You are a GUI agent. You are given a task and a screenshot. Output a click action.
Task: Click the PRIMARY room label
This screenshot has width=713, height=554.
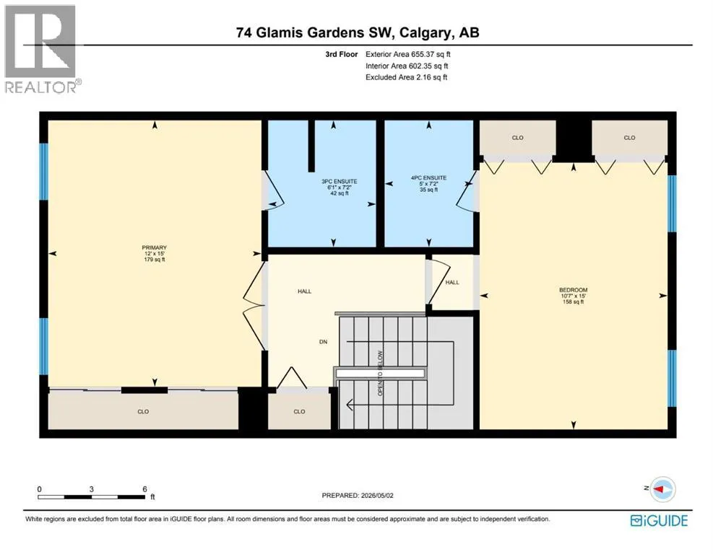tap(154, 248)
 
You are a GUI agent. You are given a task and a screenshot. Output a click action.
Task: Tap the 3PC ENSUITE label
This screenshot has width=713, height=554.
tap(340, 182)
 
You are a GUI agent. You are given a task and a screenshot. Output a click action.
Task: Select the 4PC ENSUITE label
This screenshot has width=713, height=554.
tap(428, 178)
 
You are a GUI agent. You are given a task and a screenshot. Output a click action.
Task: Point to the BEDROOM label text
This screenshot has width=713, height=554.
tap(574, 290)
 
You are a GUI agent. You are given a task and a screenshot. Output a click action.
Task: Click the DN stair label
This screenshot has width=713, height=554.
tap(324, 342)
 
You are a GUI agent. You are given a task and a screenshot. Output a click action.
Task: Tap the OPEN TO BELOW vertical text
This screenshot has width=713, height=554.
tap(380, 373)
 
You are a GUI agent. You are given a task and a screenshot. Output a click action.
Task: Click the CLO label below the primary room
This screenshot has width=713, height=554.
tap(143, 411)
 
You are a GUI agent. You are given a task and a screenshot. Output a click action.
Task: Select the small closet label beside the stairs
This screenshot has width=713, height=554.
tap(299, 411)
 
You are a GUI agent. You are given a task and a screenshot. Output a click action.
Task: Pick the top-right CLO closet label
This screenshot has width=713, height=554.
tap(629, 138)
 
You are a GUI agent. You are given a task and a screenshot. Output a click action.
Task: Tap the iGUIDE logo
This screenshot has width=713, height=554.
tap(659, 520)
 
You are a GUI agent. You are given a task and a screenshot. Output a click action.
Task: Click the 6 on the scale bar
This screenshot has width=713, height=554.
tap(144, 489)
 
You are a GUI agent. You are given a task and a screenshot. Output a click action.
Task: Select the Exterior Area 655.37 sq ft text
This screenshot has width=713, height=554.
tap(408, 54)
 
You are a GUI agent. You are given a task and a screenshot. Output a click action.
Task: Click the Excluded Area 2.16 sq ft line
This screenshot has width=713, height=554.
tap(407, 77)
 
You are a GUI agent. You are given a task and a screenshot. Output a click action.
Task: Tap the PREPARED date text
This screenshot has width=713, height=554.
tap(358, 496)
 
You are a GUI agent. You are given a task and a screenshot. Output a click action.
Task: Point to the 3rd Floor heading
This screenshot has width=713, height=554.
tap(342, 54)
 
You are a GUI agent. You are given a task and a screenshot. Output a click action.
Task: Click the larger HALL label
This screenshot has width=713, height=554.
tap(305, 291)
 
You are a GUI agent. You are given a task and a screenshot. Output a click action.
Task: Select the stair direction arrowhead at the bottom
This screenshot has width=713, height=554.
tap(349, 404)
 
